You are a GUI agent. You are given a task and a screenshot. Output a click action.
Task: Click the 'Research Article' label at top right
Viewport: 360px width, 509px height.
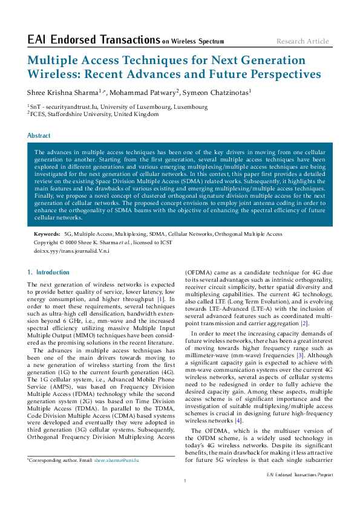tap(303, 41)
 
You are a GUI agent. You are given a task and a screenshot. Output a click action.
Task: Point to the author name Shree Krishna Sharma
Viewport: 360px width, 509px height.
tap(63, 92)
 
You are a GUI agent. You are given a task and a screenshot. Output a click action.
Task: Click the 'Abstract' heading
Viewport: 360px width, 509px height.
tap(39, 136)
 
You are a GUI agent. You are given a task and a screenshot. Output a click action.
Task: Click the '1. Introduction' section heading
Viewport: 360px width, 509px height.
tap(49, 272)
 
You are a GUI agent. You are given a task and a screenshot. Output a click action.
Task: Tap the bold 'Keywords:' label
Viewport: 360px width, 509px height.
tap(47, 233)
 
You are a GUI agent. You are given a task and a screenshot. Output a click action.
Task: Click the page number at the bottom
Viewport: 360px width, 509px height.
tap(184, 481)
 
